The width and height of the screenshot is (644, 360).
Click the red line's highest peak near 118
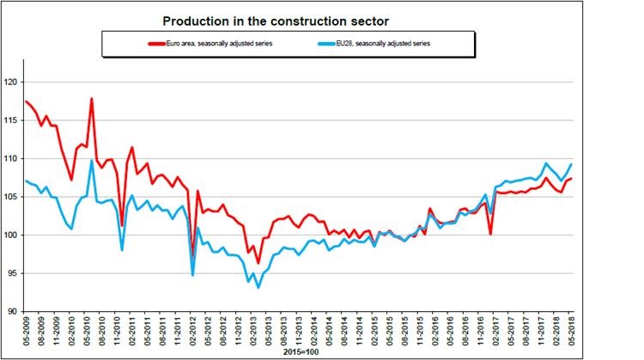(91, 99)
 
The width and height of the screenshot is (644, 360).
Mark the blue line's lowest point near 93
(258, 287)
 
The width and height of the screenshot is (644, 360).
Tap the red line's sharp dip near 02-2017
(489, 234)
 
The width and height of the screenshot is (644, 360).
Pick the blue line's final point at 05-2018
(572, 164)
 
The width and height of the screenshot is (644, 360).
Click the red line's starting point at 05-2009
(26, 101)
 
